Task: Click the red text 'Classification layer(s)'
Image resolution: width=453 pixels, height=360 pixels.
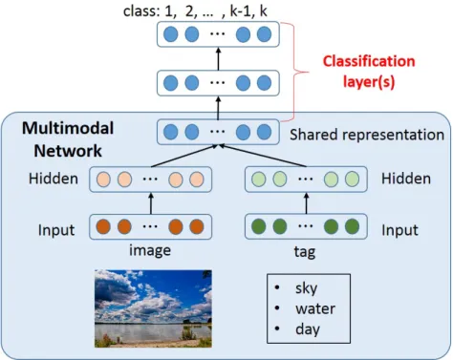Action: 369,72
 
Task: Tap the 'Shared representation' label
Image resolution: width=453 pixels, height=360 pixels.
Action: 367,135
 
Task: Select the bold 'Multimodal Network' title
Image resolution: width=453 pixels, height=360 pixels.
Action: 68,139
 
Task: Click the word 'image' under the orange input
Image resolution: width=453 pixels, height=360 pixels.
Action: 150,250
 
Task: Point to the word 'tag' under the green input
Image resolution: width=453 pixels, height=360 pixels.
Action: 305,252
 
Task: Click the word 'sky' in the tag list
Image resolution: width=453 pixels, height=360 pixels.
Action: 306,288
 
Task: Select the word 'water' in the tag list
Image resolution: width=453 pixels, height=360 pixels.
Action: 315,308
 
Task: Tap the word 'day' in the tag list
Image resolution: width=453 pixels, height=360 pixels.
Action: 308,329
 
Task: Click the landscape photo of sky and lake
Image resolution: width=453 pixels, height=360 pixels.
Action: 153,308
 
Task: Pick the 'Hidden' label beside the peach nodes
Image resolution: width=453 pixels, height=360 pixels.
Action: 54,179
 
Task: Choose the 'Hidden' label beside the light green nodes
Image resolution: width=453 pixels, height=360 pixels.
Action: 406,179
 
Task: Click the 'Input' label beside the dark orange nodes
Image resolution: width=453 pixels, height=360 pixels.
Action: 56,230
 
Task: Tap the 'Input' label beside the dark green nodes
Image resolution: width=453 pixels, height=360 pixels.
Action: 399,230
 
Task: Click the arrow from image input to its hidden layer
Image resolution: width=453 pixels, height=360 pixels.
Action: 151,203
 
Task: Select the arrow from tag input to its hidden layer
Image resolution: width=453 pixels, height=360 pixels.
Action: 306,203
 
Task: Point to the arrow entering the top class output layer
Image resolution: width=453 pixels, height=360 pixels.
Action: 218,59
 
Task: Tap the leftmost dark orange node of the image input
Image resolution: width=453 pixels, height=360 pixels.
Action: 103,226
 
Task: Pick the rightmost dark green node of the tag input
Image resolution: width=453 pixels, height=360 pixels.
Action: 352,226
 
